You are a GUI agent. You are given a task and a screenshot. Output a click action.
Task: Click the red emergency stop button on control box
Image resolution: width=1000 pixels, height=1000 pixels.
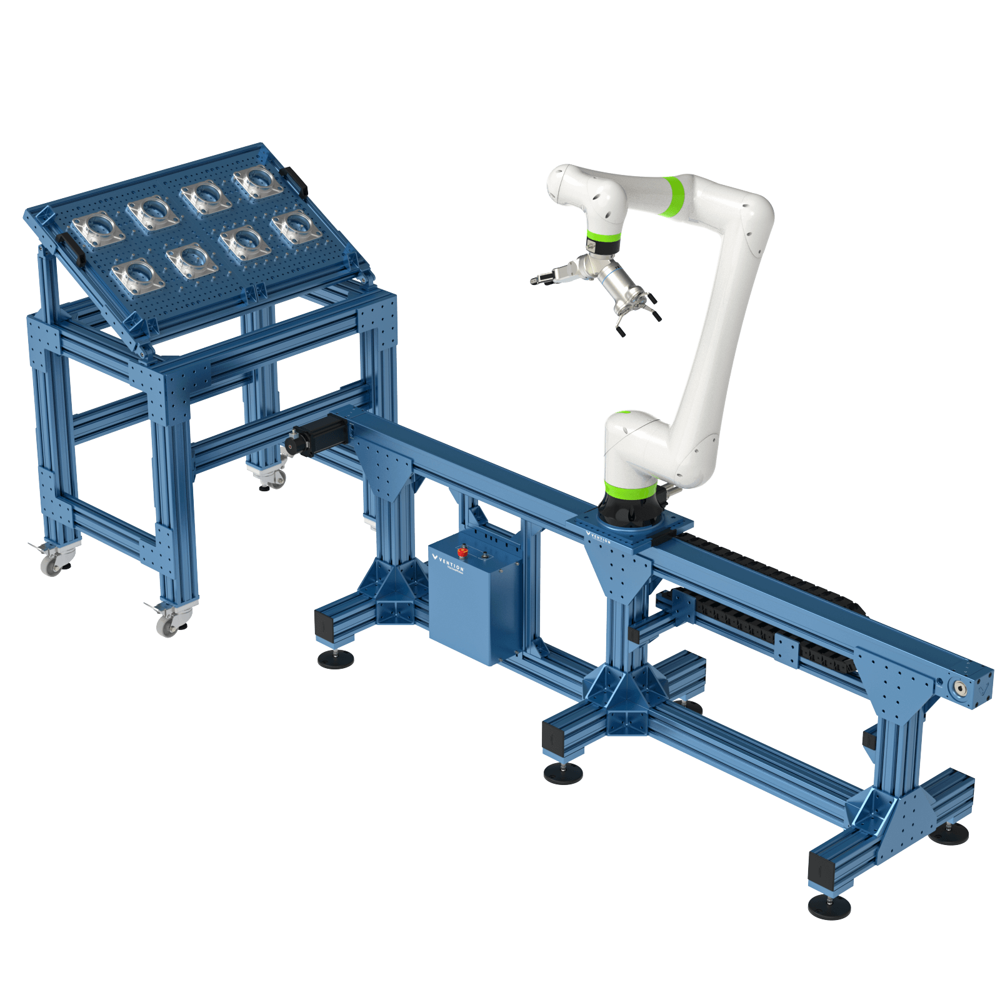point(464,552)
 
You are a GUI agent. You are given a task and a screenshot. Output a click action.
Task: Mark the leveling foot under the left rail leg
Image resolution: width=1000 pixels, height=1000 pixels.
point(336,658)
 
